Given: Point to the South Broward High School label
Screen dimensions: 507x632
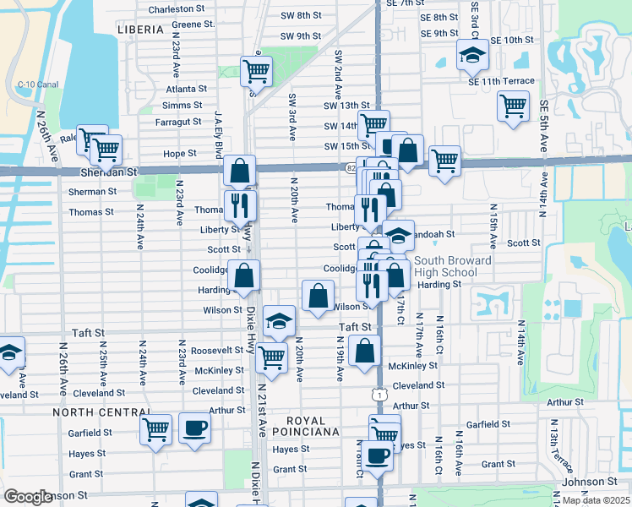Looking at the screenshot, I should (453, 266).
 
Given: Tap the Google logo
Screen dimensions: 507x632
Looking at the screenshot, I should (27, 496).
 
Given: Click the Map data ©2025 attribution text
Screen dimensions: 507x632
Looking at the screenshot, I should (596, 500).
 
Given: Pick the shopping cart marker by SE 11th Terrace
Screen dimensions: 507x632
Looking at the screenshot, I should (513, 106).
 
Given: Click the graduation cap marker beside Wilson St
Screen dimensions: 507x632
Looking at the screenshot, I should (280, 320).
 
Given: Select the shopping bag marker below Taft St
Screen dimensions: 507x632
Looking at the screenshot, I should (364, 351).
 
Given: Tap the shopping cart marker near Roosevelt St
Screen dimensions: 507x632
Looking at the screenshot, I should (271, 357).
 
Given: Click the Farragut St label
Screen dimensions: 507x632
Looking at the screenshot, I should (177, 122).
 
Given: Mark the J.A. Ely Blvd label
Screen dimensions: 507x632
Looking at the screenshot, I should (218, 128).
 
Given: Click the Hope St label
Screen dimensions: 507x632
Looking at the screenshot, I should (180, 154).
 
